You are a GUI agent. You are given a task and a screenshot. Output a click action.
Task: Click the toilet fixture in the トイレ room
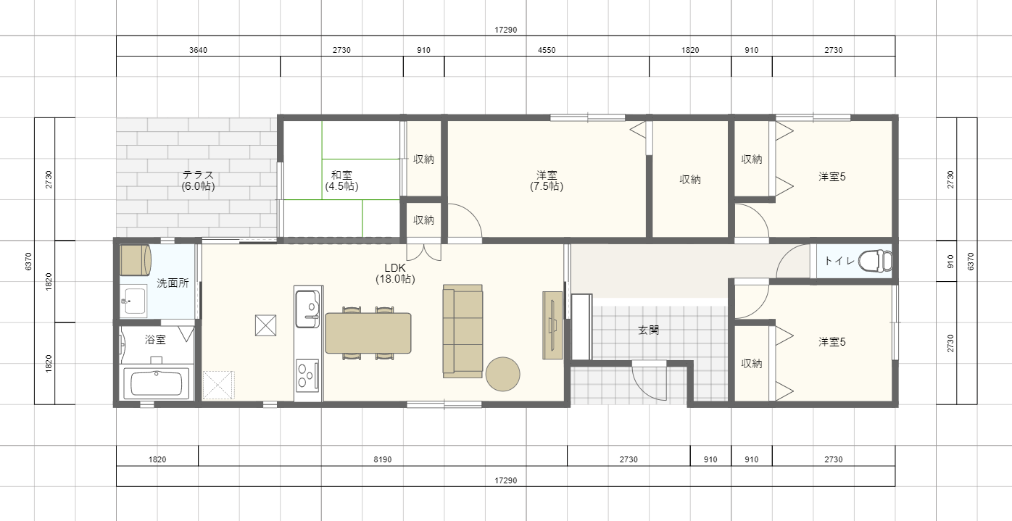pos(875,262)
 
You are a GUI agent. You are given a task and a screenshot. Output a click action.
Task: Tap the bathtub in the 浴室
pos(157,383)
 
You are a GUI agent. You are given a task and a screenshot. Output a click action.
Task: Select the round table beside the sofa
pos(503,374)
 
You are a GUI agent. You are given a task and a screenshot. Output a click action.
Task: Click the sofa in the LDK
pos(463,331)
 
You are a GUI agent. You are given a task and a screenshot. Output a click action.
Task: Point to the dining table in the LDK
pos(368,333)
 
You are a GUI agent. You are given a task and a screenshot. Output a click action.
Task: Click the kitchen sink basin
pos(307,309)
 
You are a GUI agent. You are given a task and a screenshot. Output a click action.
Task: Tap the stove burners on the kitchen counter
pos(307,375)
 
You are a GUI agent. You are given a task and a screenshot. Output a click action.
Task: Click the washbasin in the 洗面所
pos(133,301)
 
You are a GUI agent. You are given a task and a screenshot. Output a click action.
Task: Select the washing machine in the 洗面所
pos(135,259)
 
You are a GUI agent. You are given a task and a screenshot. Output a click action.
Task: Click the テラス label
pos(199,174)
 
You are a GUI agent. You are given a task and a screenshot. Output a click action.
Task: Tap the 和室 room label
pos(341,175)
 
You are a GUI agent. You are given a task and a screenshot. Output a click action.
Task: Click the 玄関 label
pos(648,330)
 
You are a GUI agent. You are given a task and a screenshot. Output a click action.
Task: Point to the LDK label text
pos(395,268)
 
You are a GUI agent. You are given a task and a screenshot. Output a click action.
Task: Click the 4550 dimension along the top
pos(547,50)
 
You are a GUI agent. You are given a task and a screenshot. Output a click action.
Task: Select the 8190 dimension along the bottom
pos(383,459)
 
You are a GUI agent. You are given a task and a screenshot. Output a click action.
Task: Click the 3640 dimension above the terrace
pos(199,50)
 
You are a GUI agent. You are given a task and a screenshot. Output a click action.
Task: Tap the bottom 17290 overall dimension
pos(505,480)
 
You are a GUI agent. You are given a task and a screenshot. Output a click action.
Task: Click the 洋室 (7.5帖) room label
pos(547,180)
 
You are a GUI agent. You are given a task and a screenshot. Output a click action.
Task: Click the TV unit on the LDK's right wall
pos(552,325)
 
